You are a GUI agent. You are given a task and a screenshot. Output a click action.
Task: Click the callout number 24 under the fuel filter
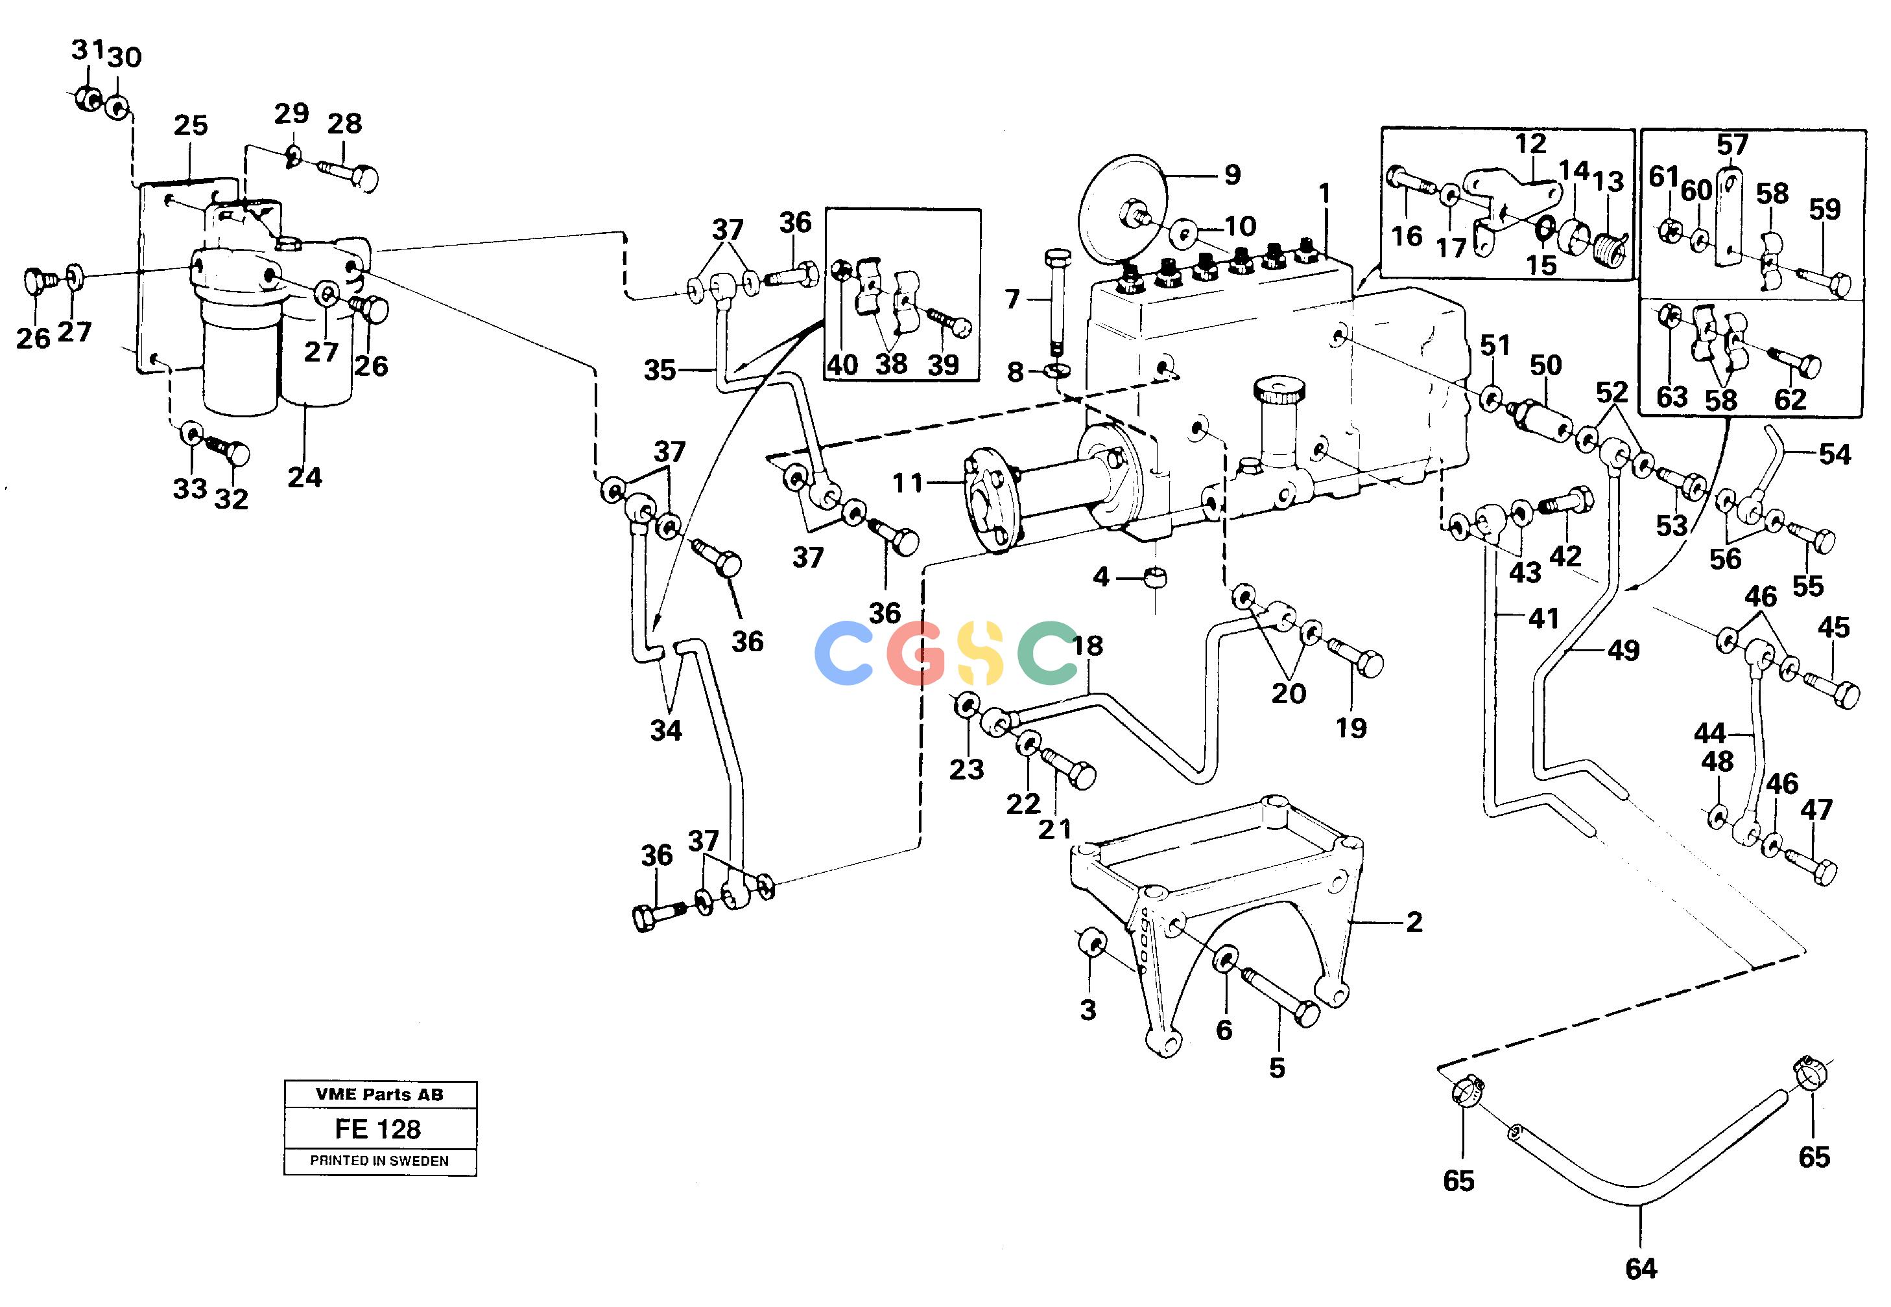coord(305,477)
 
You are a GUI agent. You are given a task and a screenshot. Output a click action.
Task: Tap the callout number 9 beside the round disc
coord(1232,174)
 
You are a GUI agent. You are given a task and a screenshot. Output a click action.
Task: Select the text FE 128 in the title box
coord(377,1129)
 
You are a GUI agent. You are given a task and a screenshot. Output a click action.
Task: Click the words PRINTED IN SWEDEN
coord(379,1161)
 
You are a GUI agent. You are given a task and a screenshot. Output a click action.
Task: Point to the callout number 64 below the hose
coord(1641,1269)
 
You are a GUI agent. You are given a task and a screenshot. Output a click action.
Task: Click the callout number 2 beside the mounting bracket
coord(1414,922)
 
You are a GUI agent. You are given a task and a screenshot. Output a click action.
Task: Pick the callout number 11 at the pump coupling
coord(908,483)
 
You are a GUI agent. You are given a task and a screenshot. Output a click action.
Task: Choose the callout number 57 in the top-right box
coord(1732,145)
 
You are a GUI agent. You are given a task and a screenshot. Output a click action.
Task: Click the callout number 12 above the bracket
coord(1530,143)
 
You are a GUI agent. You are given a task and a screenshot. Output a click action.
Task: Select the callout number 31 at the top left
coord(88,50)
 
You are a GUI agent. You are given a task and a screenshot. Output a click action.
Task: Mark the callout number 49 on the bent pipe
coord(1623,650)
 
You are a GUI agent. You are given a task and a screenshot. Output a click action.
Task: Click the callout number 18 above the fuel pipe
coord(1088,645)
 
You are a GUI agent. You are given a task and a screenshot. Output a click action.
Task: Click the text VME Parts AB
coord(379,1094)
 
